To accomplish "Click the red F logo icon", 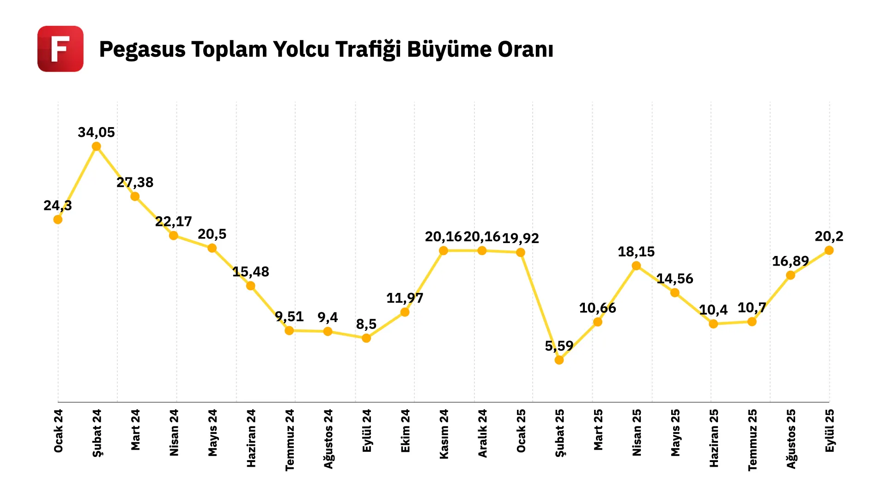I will coord(61,49).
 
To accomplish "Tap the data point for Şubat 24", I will coord(97,147).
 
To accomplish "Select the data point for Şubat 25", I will coord(559,360).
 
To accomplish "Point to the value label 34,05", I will coord(96,133).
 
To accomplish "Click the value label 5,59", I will coord(559,346).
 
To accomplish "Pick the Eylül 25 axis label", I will coord(830,431).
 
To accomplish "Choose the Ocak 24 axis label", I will coord(58,431).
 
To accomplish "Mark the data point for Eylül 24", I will coord(366,338).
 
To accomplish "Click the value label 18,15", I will coord(636,252).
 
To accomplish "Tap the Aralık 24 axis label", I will coord(482,433).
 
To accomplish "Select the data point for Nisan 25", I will coord(636,266).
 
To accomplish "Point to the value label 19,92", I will coord(521,238).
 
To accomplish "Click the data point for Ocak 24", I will coord(58,219).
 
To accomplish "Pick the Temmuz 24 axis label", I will coord(290,440).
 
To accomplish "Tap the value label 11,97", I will coord(405,298).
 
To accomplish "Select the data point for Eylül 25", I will coord(829,250).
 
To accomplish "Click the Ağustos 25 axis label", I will coord(791,439).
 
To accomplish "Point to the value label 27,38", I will coord(135,183).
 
